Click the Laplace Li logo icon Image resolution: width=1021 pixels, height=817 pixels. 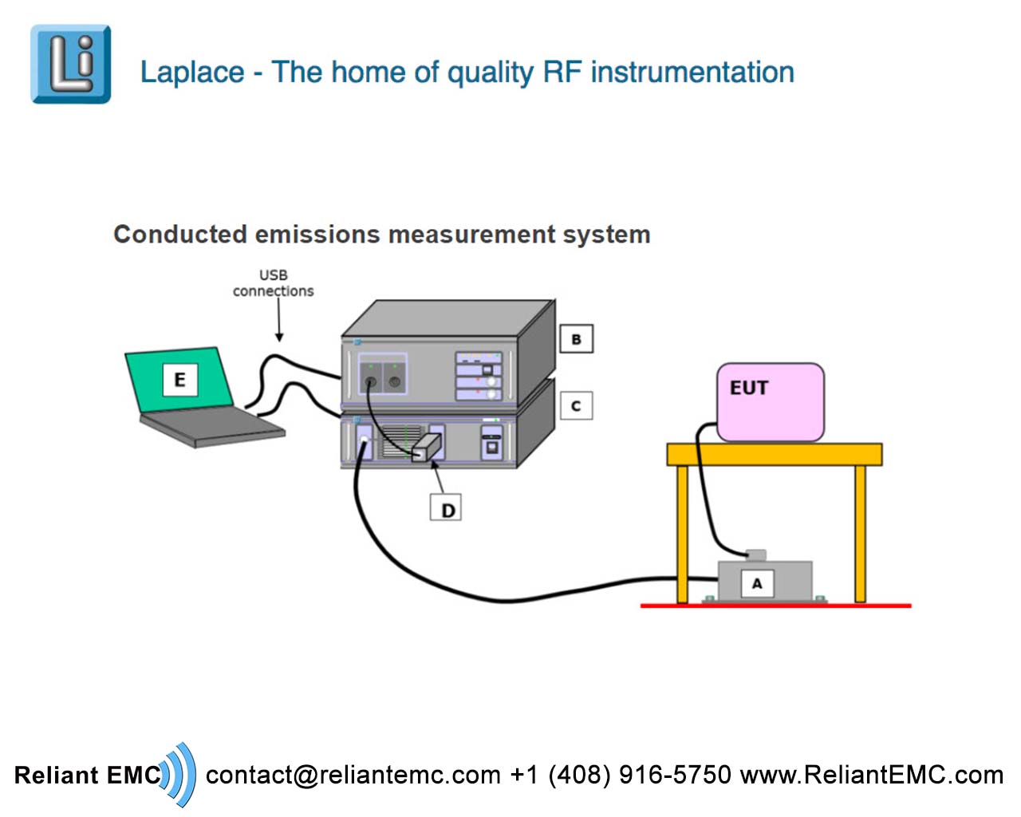pyautogui.click(x=70, y=64)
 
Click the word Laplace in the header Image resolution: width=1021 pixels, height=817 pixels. pyautogui.click(x=192, y=73)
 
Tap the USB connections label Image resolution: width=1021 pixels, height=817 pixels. pyautogui.click(x=273, y=283)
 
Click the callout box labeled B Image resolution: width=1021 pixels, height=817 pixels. pyautogui.click(x=576, y=339)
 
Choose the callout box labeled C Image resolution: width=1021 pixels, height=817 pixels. pyautogui.click(x=576, y=405)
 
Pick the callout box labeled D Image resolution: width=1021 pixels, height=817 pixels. pyautogui.click(x=447, y=508)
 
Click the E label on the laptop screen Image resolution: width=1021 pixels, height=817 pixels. pyautogui.click(x=179, y=380)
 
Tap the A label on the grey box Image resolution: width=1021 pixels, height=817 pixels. pyautogui.click(x=756, y=583)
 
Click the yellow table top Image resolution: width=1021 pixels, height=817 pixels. pyautogui.click(x=774, y=455)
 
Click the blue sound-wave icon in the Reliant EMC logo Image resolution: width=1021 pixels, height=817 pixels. pyautogui.click(x=179, y=774)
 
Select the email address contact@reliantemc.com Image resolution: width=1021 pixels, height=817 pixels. pyautogui.click(x=353, y=776)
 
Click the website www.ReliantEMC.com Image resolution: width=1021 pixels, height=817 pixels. pyautogui.click(x=872, y=776)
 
